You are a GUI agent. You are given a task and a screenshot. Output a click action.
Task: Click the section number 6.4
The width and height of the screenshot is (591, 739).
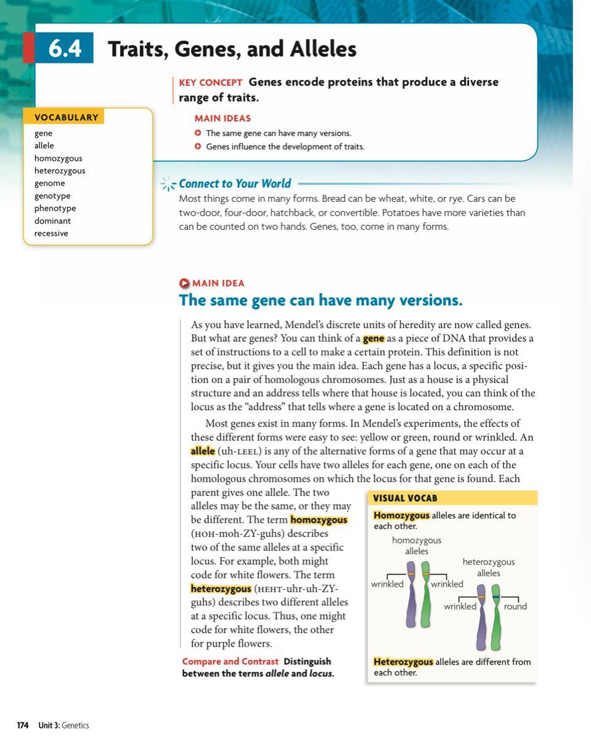(x=65, y=49)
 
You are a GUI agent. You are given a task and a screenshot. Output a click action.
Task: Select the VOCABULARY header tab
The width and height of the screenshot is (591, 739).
(x=66, y=117)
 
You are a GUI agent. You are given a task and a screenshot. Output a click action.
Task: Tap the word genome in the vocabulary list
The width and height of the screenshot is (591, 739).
(x=49, y=183)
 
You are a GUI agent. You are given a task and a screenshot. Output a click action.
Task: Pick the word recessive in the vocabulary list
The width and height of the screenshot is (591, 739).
(x=51, y=233)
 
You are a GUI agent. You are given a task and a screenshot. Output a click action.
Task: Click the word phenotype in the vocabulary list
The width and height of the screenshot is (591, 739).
(x=55, y=208)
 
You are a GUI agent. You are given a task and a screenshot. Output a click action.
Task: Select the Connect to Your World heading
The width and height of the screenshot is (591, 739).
(x=235, y=184)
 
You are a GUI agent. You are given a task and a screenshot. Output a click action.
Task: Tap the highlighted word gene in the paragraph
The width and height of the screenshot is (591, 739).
(x=373, y=339)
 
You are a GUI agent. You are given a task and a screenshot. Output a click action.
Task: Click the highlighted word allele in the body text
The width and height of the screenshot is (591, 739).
(x=203, y=451)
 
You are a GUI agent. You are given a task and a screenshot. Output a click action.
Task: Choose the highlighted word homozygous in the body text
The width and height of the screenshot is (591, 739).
(x=319, y=520)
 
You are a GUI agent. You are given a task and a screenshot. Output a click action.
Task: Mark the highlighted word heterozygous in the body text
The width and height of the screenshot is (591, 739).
(x=221, y=589)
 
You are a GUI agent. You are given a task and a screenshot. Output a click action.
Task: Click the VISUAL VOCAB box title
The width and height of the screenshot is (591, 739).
(x=405, y=498)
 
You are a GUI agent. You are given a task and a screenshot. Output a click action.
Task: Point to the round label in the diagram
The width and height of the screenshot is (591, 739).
(x=515, y=607)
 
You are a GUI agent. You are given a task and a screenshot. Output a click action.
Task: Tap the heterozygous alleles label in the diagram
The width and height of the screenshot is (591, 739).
(x=488, y=567)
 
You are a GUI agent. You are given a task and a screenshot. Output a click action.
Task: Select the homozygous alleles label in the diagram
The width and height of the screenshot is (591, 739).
(x=417, y=546)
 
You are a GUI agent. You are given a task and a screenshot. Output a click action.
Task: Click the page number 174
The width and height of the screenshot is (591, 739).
(x=23, y=725)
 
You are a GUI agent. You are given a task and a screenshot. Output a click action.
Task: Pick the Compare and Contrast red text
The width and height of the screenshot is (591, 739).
(x=230, y=661)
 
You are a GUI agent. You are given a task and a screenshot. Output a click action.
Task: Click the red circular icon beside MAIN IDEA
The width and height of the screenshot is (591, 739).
(x=184, y=283)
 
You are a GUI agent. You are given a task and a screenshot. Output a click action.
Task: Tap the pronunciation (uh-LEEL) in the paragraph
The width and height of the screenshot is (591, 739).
(x=240, y=451)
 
